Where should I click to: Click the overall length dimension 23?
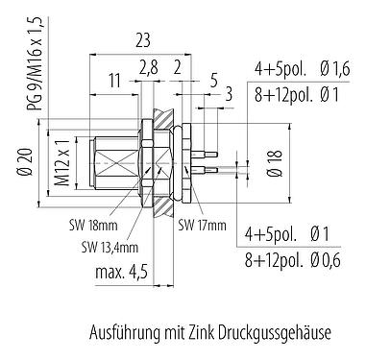point(141,41)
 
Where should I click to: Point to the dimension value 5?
point(211,81)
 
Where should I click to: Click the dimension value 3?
point(229,95)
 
